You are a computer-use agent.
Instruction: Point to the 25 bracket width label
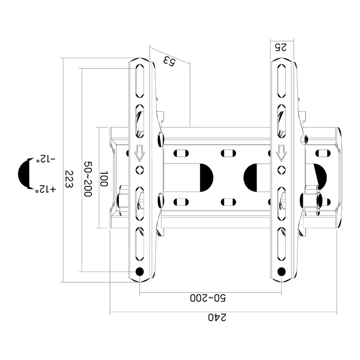(x=281, y=47)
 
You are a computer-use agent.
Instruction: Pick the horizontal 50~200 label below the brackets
(x=209, y=298)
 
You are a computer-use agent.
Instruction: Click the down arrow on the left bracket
(x=139, y=153)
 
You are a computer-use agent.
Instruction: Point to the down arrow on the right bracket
(x=281, y=153)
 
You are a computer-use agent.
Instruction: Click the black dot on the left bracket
(x=139, y=272)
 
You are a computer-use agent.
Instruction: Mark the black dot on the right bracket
(x=281, y=272)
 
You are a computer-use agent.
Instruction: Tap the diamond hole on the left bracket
(x=139, y=169)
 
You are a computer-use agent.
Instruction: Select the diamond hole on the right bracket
(x=281, y=169)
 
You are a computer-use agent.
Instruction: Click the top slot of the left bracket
(x=139, y=80)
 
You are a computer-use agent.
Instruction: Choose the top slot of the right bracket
(x=281, y=80)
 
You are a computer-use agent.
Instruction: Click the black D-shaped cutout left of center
(x=205, y=176)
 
